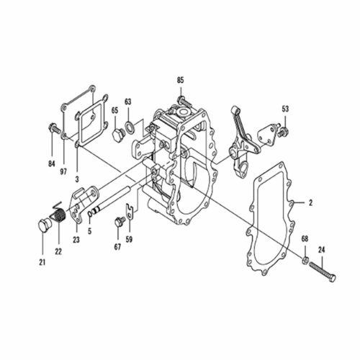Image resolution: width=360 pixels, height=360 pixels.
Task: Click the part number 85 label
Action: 181,80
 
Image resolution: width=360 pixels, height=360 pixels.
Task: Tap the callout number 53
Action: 285,109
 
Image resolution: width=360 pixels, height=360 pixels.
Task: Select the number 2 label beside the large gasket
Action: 310,203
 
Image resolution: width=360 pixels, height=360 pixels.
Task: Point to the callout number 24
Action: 322,250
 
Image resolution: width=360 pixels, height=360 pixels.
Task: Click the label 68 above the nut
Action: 305,239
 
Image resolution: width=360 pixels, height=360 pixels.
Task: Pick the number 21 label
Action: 42,263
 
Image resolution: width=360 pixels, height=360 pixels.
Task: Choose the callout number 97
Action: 63,172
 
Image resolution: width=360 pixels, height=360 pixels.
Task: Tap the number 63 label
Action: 127,102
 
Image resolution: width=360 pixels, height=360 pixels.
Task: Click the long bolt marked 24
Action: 323,271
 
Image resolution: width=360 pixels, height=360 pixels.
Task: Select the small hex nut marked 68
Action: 305,259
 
